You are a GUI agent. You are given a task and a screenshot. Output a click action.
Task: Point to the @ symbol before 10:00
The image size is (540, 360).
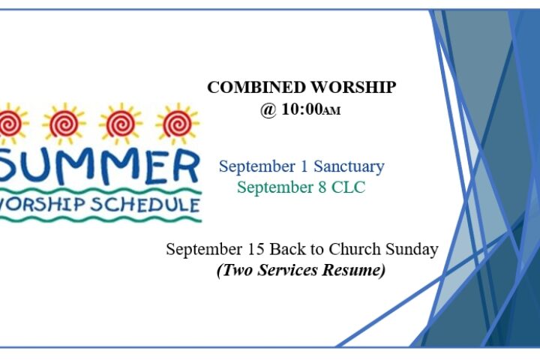(268, 110)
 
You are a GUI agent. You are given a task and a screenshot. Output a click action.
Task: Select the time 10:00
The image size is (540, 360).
(302, 109)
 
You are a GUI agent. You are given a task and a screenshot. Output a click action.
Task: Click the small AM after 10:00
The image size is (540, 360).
(331, 111)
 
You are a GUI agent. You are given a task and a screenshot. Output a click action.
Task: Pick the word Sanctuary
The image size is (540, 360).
(349, 166)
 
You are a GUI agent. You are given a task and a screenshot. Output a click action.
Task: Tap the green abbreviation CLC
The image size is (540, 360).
(348, 187)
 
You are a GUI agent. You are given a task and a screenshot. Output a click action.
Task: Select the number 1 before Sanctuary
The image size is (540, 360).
(304, 166)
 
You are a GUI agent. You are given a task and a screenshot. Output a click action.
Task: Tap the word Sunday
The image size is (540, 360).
(412, 250)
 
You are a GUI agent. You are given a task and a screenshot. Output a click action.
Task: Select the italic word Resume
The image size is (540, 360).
(353, 270)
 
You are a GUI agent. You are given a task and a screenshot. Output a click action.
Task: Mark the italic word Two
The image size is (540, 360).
(238, 270)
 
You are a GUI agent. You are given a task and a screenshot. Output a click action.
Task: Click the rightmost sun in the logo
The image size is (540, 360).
(178, 124)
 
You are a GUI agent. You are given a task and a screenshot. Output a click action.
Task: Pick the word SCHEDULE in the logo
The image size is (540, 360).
(145, 204)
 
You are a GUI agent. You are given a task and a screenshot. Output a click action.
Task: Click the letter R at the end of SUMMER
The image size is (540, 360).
(186, 167)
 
